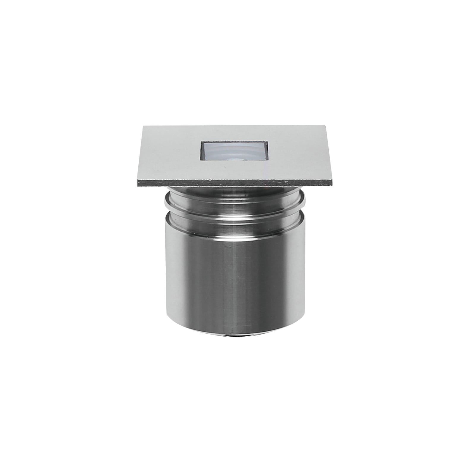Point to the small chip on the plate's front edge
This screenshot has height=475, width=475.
pos(211,180)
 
